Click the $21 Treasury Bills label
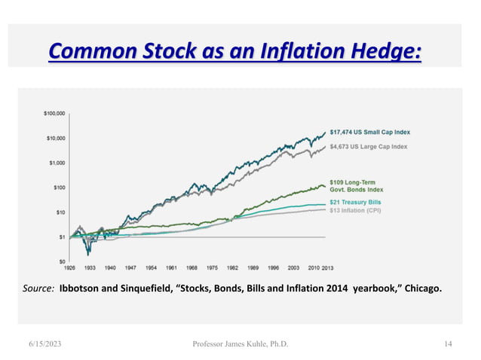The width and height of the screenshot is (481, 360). click(355, 203)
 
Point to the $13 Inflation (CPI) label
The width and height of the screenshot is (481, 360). click(355, 211)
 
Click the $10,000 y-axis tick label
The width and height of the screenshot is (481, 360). click(55, 138)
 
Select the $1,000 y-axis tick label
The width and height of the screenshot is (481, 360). click(57, 163)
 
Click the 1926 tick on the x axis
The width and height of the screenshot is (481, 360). click(70, 267)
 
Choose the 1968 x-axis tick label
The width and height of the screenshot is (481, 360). click(192, 267)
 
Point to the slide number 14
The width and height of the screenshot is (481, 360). click(448, 344)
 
